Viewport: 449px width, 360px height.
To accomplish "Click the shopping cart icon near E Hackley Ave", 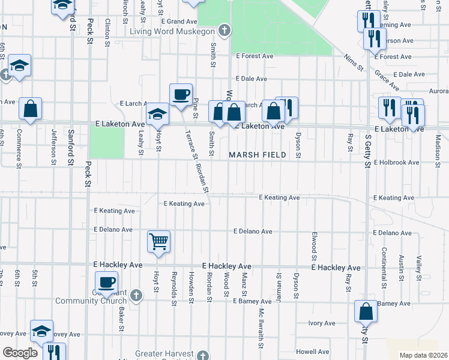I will [159, 242].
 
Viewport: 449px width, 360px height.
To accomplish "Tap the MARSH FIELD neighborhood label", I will [257, 155].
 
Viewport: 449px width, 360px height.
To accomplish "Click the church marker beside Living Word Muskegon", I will [224, 30].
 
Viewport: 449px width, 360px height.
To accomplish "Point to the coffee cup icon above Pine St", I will [180, 95].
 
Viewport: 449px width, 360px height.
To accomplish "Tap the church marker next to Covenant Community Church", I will [136, 295].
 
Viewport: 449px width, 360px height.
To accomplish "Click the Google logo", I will [20, 353].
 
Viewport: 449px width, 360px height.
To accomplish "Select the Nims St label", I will [354, 62].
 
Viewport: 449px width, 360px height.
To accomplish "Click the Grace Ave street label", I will [387, 80].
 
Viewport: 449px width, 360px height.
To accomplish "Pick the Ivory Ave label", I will [321, 323].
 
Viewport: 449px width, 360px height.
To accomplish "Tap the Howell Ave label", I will [313, 352].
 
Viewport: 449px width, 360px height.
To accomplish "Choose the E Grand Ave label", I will [175, 21].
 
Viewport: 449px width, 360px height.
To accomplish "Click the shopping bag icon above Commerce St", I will [30, 109].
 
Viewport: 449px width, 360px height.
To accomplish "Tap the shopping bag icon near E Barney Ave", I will [366, 312].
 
